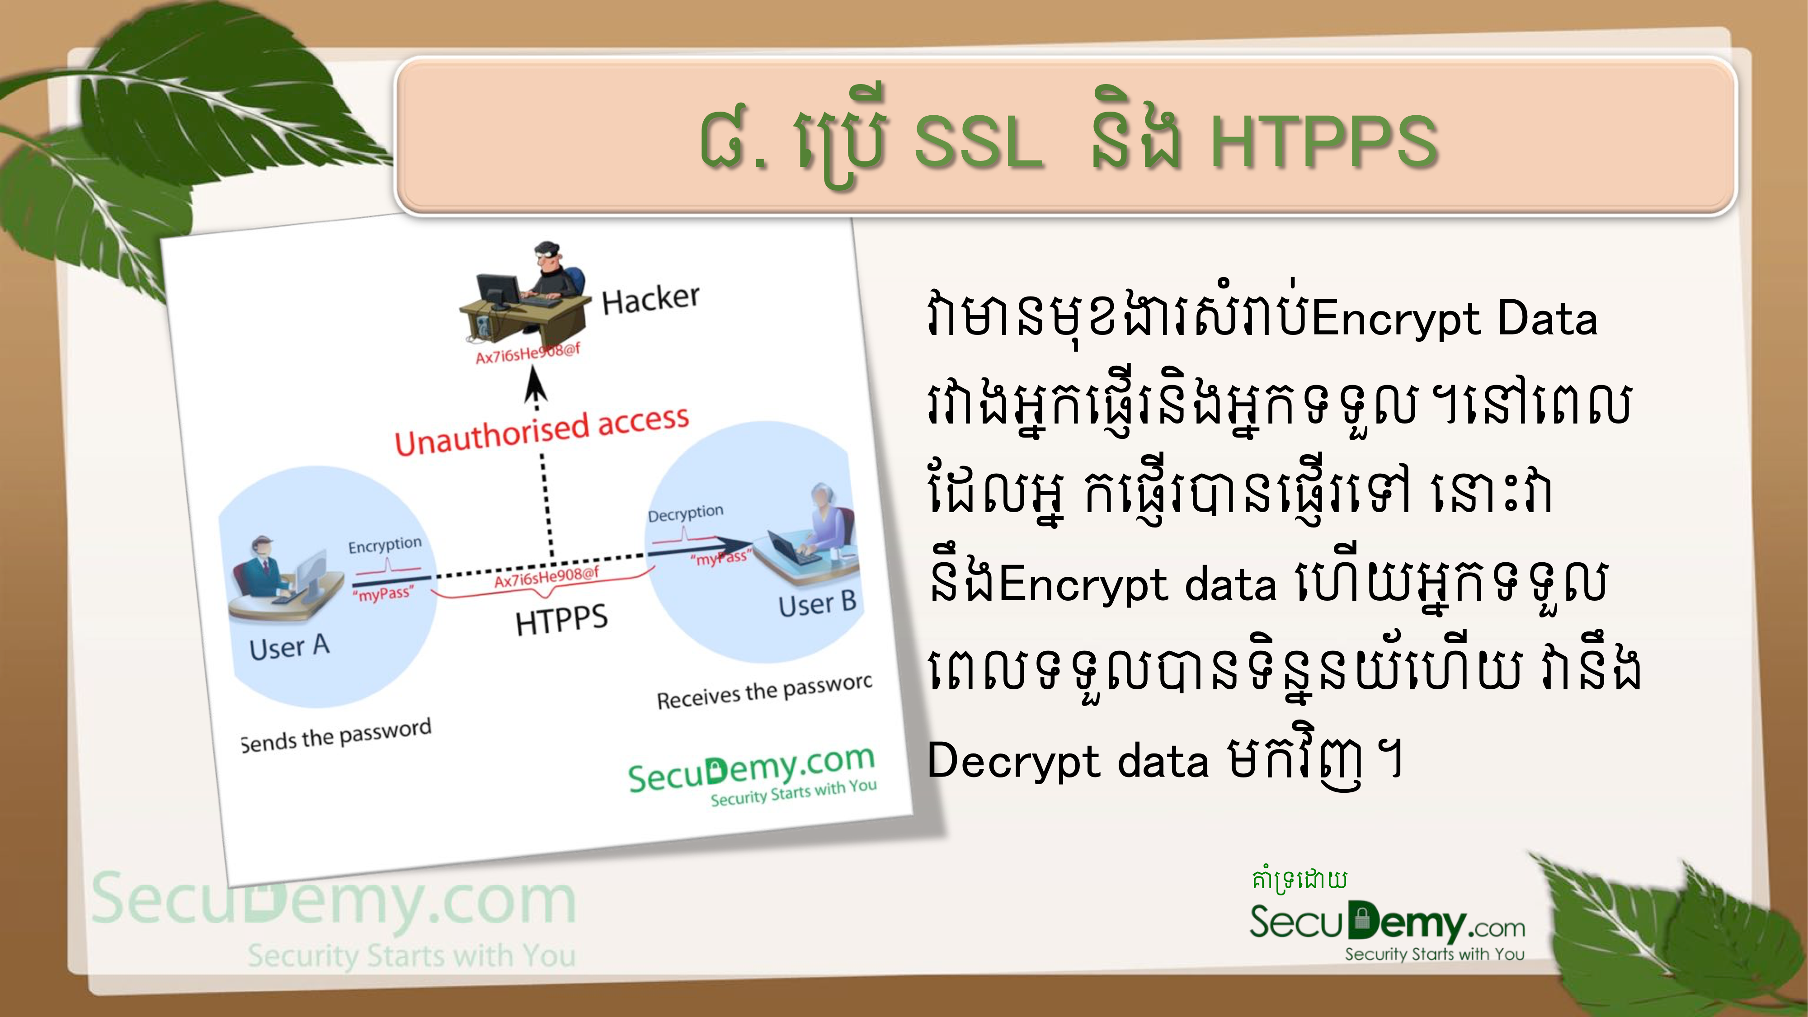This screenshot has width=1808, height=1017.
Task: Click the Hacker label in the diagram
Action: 650,299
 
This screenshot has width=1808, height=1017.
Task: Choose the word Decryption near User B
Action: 685,513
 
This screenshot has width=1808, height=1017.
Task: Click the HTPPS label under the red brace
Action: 561,620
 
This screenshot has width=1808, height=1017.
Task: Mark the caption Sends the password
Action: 335,735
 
